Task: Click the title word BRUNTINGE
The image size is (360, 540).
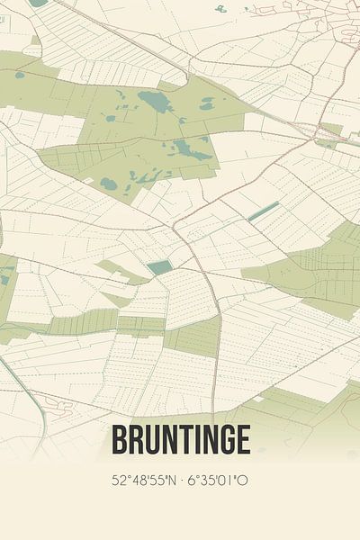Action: pos(180,440)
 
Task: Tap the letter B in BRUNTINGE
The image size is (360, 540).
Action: pos(120,440)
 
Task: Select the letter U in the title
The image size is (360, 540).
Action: pos(154,440)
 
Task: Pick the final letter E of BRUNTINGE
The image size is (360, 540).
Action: pos(241,440)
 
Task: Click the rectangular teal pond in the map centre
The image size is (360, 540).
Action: pos(158,267)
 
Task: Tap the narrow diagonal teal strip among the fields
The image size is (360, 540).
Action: pos(263,211)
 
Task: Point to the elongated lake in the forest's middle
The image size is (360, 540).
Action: pos(193,148)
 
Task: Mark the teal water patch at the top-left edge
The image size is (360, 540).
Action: pos(37,3)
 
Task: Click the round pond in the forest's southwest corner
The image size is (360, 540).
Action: pos(109,184)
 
